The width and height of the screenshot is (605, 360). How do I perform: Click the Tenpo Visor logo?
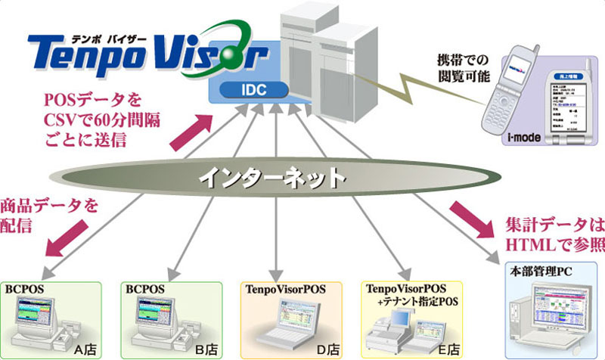[144, 51]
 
